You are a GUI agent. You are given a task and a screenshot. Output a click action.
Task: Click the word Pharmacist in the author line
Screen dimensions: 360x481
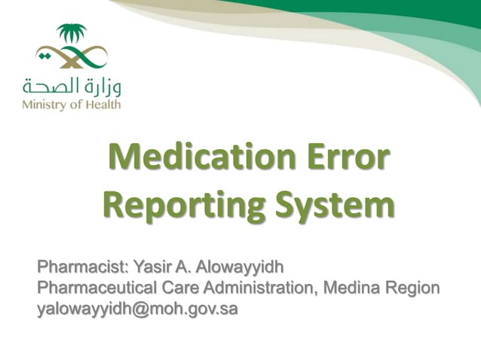point(84,267)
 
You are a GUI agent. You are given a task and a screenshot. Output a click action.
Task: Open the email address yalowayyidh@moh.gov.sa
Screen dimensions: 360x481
point(138,309)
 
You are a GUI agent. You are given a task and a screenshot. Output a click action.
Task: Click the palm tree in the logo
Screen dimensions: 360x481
point(72,34)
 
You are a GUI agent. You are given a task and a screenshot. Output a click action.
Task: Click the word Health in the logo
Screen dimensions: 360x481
point(103,104)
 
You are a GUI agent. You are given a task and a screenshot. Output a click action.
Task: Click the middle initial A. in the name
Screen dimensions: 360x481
point(183,267)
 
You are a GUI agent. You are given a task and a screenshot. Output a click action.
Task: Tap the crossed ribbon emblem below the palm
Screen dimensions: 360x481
point(72,56)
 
